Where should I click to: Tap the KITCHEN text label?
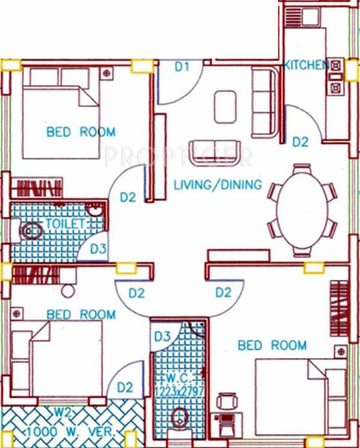coord(305,66)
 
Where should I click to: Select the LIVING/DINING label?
coord(217,184)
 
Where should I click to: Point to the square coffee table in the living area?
coord(226,106)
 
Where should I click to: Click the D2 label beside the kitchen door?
coord(300,140)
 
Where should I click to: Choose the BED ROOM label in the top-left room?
coord(81,132)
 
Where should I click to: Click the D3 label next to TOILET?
coord(98,249)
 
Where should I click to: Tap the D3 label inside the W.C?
coord(162,337)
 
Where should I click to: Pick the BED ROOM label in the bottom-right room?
coord(272,345)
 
